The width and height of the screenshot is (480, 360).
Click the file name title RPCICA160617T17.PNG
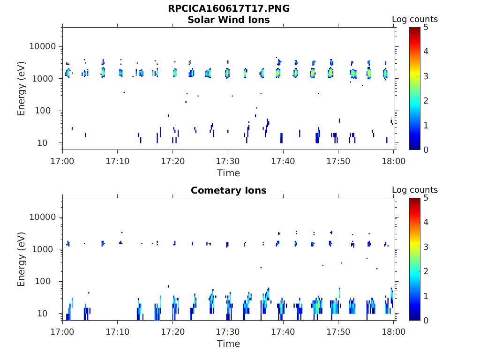(x=228, y=8)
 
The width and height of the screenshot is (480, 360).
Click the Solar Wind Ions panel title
(x=228, y=20)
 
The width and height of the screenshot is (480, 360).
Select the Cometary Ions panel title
(x=228, y=190)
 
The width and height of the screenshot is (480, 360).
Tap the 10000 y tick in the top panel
(x=43, y=46)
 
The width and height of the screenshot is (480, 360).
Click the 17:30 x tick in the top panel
(x=228, y=161)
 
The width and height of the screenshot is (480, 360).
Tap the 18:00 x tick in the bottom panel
(x=394, y=331)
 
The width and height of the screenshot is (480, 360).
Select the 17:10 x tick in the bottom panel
(x=118, y=331)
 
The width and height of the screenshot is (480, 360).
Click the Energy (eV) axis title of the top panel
(x=22, y=89)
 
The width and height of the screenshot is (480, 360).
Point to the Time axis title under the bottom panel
(x=228, y=344)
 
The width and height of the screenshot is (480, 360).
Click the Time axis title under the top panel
(x=228, y=173)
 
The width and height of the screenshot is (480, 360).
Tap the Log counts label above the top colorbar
(x=414, y=20)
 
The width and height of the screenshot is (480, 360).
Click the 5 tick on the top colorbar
(x=426, y=27)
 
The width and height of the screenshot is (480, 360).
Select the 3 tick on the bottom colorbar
(x=426, y=247)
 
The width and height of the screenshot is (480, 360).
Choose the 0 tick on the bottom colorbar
(x=426, y=320)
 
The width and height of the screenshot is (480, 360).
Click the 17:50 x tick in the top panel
(x=338, y=161)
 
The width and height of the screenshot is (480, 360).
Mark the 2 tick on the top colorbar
(x=426, y=100)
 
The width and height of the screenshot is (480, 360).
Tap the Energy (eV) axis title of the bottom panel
(x=22, y=259)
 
